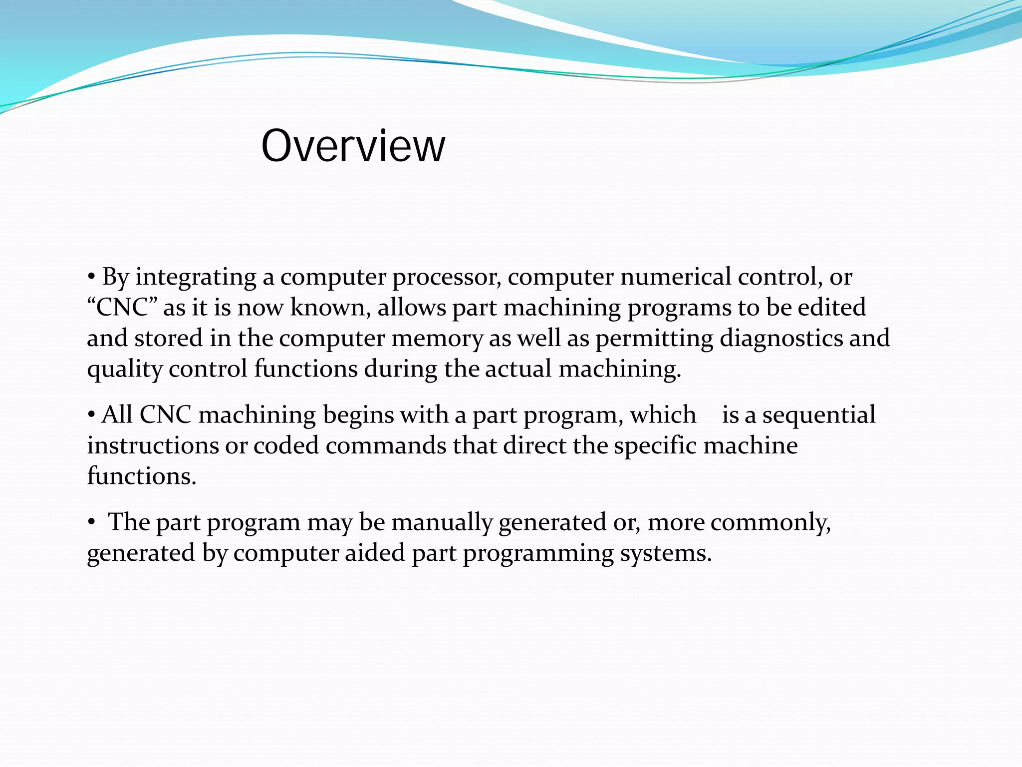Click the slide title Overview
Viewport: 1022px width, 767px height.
[353, 146]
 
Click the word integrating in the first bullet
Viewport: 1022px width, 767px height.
[196, 278]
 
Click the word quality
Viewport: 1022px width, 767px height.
[125, 370]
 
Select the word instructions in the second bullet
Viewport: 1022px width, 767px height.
[153, 445]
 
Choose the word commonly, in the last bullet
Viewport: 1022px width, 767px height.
[770, 523]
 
